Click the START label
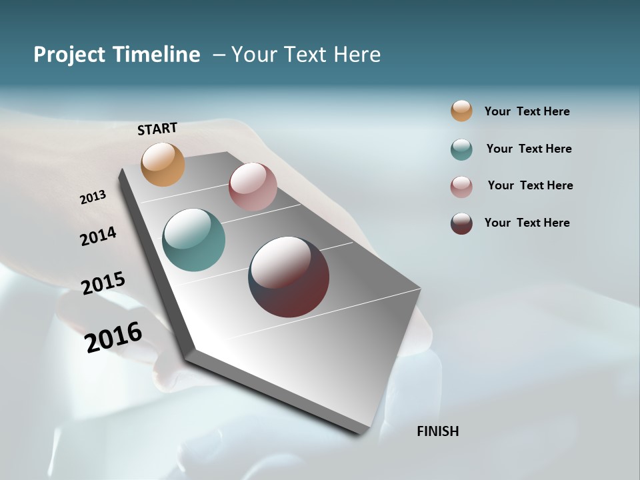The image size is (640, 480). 157,129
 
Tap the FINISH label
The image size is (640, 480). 437,431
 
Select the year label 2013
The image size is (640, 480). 93,197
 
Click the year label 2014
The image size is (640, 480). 98,236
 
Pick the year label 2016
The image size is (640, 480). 113,337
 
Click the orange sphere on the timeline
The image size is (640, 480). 163,164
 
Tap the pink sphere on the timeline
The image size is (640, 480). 253,187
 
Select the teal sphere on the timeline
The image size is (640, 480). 193,240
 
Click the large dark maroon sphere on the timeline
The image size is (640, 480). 289,277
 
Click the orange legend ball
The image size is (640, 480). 461,111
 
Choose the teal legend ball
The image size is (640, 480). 461,149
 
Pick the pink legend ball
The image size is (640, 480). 461,187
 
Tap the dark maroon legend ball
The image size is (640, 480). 461,223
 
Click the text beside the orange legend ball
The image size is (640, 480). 527,111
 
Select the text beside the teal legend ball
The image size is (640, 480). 529,149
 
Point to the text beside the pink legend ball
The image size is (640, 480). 530,185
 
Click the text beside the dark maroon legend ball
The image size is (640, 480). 527,223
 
